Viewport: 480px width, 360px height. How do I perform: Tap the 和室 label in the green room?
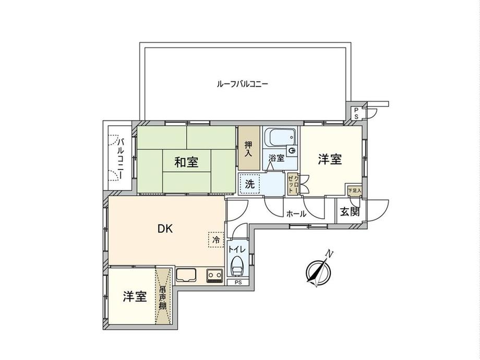tap(186, 162)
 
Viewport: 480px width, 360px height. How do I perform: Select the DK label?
tap(165, 228)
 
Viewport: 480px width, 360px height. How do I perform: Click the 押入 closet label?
tap(248, 149)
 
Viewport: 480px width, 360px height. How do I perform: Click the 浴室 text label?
tap(277, 158)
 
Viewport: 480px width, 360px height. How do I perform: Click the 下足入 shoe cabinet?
tap(354, 191)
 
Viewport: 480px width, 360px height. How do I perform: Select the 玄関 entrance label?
tap(349, 212)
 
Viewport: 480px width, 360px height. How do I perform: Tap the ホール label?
tap(296, 213)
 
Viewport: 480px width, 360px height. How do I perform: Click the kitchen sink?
tap(185, 274)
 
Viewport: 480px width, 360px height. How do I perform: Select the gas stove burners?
tap(214, 274)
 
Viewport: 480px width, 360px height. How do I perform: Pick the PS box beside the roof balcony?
tap(356, 113)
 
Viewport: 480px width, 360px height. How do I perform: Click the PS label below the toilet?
tap(238, 283)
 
